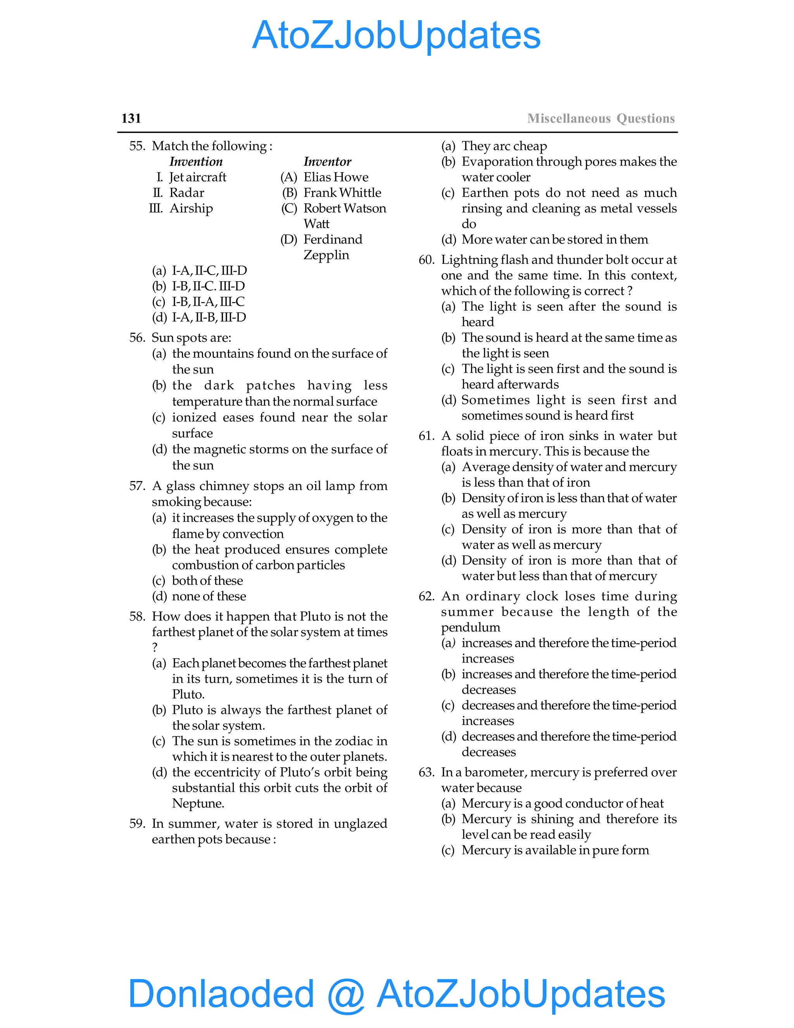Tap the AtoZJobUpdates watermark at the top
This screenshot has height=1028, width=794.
[396, 35]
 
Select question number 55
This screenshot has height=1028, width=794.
[137, 146]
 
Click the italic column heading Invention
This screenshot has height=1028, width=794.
[196, 161]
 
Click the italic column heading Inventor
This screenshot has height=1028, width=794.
[327, 161]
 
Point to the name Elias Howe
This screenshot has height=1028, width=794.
[335, 177]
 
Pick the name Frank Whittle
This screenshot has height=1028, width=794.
[342, 192]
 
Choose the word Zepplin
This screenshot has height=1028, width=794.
[326, 255]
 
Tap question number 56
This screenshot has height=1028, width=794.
[137, 337]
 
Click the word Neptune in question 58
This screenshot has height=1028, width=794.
[198, 803]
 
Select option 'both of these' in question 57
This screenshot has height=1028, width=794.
[207, 580]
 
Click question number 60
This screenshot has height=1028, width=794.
[426, 260]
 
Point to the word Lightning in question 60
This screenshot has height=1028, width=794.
[468, 260]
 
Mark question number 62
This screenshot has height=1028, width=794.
[426, 596]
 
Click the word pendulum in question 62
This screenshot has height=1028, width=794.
[470, 627]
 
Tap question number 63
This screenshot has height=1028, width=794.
[426, 772]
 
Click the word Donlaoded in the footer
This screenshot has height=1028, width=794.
[221, 993]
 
